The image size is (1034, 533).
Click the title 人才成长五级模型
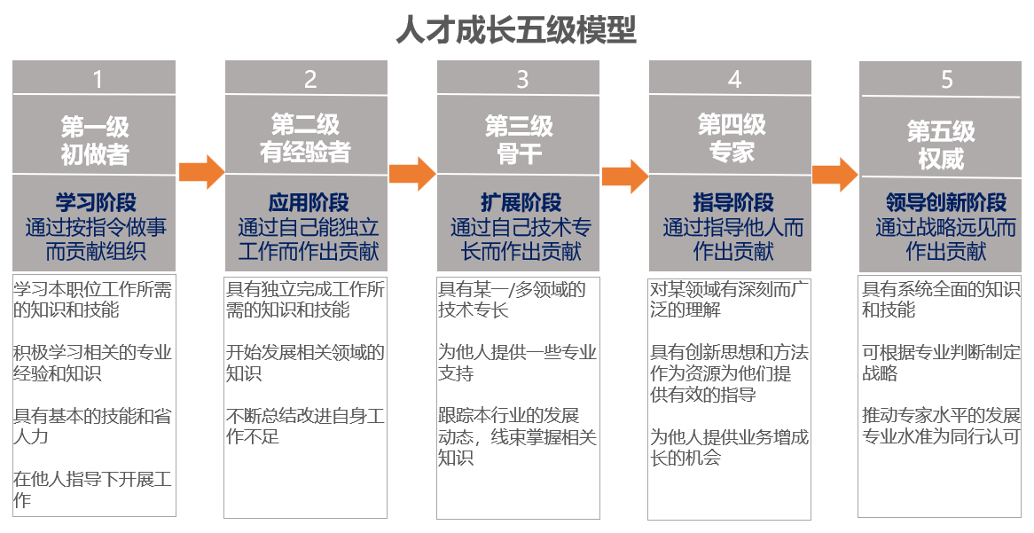click(516, 29)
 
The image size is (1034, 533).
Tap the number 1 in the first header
click(98, 80)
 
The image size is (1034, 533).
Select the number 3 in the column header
click(522, 80)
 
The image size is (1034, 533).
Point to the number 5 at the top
click(946, 80)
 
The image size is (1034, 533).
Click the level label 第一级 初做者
click(95, 140)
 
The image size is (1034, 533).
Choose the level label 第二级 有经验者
click(305, 137)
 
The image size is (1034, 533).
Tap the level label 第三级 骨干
click(519, 140)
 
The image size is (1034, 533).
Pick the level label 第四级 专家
click(732, 137)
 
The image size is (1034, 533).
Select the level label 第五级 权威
click(941, 145)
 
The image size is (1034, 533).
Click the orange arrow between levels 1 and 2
click(201, 172)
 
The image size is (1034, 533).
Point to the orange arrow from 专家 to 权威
click(835, 175)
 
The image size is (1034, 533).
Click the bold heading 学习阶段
click(97, 202)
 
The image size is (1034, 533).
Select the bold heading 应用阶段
click(309, 202)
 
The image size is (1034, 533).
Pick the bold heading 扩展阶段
click(521, 202)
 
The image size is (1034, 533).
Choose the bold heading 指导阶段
click(733, 202)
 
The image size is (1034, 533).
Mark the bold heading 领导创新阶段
click(946, 202)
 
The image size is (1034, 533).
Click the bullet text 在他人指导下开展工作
click(92, 490)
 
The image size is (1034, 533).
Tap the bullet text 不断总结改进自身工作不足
click(305, 427)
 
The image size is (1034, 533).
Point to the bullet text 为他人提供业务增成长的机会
click(729, 447)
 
